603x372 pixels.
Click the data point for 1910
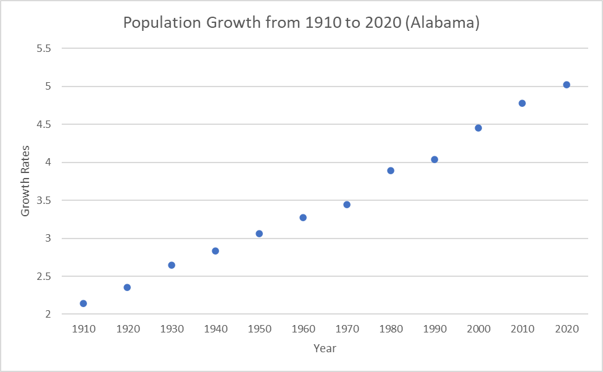point(83,303)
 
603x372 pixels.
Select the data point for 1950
point(259,234)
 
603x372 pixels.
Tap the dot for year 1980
point(391,171)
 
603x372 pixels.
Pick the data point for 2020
point(567,85)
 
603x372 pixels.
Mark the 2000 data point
point(478,128)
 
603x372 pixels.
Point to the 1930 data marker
point(172,265)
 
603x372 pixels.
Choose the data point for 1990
point(435,159)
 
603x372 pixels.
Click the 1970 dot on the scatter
point(347,205)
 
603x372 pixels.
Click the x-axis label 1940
point(215,329)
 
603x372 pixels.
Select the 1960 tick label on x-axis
point(303,329)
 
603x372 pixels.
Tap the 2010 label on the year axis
point(522,329)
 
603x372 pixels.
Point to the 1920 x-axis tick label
point(127,329)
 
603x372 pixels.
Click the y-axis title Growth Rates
point(25,181)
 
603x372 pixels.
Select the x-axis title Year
point(325,349)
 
